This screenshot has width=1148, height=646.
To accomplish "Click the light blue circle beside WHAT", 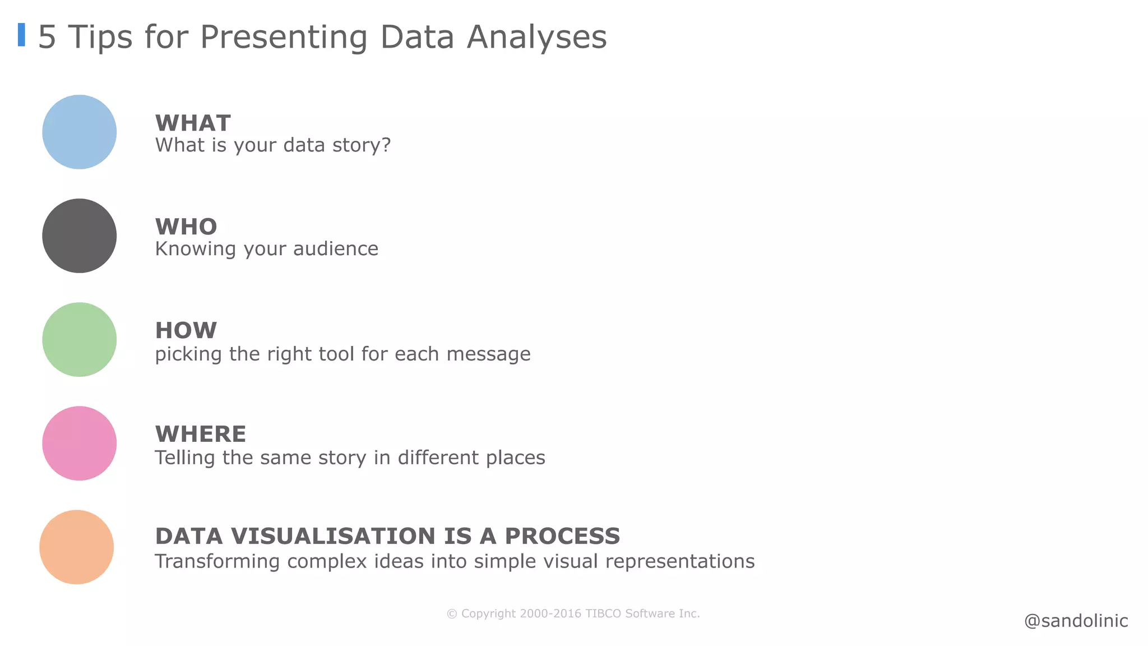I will click(x=79, y=132).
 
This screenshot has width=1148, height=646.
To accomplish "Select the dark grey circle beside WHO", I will click(x=79, y=236).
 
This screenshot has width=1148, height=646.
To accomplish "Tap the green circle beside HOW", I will click(x=79, y=339).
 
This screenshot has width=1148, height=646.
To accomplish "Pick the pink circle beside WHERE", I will click(x=79, y=443).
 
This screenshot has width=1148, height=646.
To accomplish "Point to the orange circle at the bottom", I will click(x=76, y=547).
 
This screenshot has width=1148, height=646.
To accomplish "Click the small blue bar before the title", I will click(x=21, y=35).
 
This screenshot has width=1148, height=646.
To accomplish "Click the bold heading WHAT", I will click(x=193, y=123).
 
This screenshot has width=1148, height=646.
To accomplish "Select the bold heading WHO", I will click(x=186, y=227).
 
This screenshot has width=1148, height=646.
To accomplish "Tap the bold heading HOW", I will click(x=186, y=330).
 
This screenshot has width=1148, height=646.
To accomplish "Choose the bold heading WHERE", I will click(x=200, y=434).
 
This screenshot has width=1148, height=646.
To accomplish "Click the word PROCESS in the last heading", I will click(x=562, y=536).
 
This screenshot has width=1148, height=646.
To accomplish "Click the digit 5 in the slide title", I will click(x=47, y=37).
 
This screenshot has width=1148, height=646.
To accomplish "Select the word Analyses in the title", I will click(x=536, y=37).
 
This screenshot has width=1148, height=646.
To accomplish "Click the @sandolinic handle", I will click(x=1076, y=621).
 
